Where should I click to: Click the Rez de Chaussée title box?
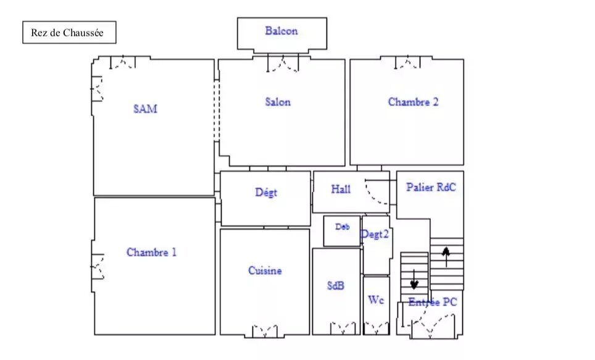click(x=69, y=32)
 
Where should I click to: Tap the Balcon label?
click(x=281, y=31)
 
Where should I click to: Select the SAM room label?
click(x=145, y=109)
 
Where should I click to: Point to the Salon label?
click(x=278, y=102)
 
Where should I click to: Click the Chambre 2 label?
click(x=413, y=102)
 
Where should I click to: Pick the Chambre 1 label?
click(x=151, y=252)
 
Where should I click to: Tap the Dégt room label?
click(x=266, y=192)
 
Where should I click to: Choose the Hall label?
click(x=341, y=189)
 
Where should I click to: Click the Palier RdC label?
click(x=431, y=187)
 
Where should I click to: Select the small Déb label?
click(x=343, y=227)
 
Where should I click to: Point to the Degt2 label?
click(x=375, y=234)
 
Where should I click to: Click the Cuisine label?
click(x=265, y=270)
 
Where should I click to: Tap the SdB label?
click(x=335, y=285)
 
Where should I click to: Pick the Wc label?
click(x=376, y=300)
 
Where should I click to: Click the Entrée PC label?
click(x=433, y=303)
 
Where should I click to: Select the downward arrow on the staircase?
click(x=414, y=280)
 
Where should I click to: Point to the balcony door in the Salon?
click(x=283, y=63)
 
